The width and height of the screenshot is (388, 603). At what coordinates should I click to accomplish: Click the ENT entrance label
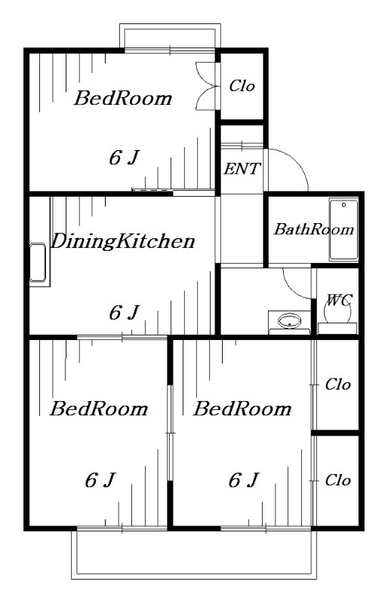point(242,168)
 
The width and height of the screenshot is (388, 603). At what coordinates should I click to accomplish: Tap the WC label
point(339,300)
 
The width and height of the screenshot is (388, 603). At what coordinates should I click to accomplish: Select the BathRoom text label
point(313,230)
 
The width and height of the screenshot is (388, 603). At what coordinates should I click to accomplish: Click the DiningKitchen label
point(123,241)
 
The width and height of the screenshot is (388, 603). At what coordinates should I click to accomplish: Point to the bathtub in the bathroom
point(343,230)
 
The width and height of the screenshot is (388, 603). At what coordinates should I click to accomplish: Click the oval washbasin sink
point(289,321)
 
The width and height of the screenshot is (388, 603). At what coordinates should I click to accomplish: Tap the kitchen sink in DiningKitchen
point(38,262)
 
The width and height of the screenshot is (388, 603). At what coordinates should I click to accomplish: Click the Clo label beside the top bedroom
point(242,86)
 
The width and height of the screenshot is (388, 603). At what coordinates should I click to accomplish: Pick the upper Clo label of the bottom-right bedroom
point(338,384)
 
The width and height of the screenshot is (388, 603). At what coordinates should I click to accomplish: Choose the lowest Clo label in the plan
point(338,480)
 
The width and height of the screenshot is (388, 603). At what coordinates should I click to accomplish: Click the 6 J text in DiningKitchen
point(124,312)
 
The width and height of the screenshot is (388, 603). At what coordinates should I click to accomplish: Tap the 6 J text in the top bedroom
point(124,158)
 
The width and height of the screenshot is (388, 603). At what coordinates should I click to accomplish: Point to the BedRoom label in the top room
point(123,98)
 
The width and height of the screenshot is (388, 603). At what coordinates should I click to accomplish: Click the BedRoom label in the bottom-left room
point(99,409)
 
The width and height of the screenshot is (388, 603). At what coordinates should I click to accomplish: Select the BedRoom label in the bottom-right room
point(242,409)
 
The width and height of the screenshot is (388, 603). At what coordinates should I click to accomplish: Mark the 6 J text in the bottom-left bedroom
point(100,480)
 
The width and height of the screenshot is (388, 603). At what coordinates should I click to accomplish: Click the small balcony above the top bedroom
point(170,35)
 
